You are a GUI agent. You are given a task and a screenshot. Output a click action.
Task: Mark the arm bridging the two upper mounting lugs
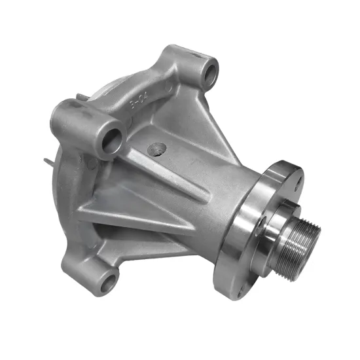(157, 92)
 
